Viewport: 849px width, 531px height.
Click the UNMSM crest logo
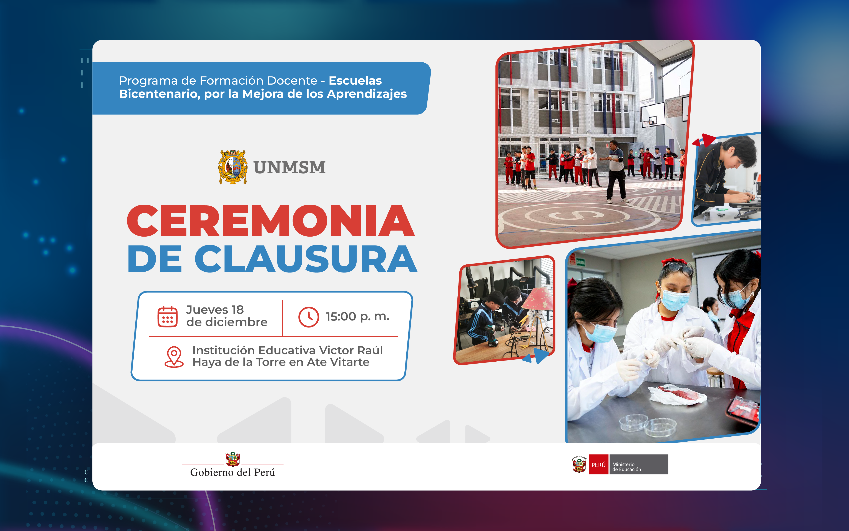[x=233, y=167]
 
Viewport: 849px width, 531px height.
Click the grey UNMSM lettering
[x=289, y=167]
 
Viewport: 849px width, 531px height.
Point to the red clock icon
[x=309, y=317]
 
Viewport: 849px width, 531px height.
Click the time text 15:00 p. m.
[x=357, y=316]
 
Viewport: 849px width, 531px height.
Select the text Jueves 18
[x=215, y=310]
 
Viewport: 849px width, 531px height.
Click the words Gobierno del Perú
[x=232, y=472]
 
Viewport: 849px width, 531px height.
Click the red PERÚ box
[x=598, y=464]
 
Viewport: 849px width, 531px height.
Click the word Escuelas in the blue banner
[x=355, y=80]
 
